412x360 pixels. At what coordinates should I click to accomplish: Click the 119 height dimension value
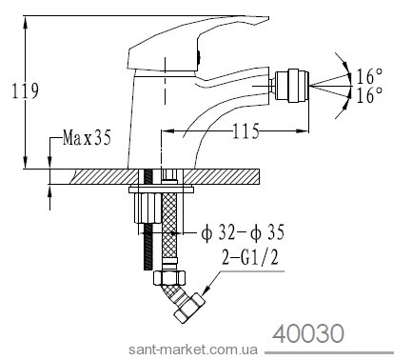click(x=26, y=91)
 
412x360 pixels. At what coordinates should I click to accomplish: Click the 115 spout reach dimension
click(x=245, y=130)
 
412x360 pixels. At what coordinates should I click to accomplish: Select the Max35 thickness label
click(x=87, y=138)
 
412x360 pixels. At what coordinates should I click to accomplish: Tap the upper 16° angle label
click(x=369, y=76)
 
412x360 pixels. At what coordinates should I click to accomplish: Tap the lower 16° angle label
click(x=369, y=95)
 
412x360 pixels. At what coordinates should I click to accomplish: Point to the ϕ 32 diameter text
click(x=218, y=233)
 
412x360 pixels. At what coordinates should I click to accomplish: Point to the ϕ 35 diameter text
click(x=267, y=233)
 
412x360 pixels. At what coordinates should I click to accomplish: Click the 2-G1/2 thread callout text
click(x=249, y=257)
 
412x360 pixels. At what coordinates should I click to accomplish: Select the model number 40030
click(x=308, y=334)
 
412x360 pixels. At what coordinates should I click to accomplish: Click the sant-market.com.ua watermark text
click(x=193, y=350)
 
